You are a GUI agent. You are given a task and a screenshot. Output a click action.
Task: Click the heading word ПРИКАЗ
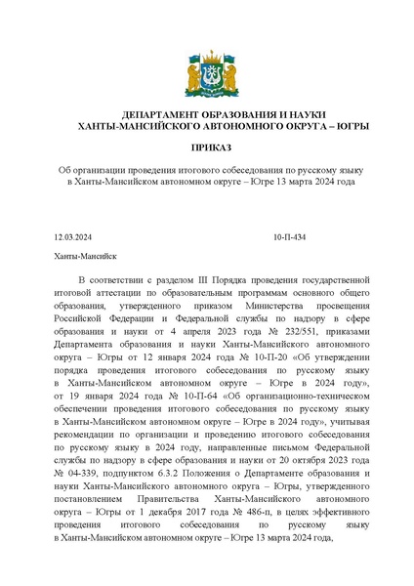tap(206, 148)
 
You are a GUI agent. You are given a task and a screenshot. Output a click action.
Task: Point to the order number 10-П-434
tap(289, 236)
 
